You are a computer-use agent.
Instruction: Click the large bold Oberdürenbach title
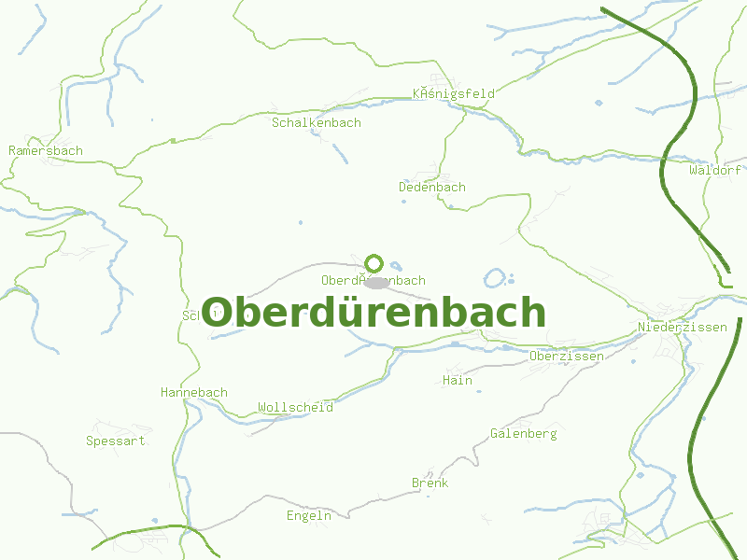click(373, 313)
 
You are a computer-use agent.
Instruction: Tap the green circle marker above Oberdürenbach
click(374, 263)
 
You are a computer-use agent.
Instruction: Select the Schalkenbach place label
click(316, 122)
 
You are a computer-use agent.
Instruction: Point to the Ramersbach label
click(46, 150)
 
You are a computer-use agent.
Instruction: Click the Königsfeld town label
click(454, 93)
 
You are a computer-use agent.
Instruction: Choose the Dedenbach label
click(431, 187)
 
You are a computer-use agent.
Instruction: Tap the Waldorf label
click(714, 171)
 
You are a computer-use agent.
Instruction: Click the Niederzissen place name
click(682, 327)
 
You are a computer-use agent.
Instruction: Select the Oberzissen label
click(566, 356)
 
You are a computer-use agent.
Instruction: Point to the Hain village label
click(458, 380)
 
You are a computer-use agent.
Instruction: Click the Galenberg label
click(523, 433)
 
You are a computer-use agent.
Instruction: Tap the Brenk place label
click(430, 483)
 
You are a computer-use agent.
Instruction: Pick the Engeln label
click(308, 515)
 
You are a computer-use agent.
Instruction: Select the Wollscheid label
click(295, 407)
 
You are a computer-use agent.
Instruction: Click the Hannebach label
click(193, 392)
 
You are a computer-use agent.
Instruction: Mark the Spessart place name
click(115, 441)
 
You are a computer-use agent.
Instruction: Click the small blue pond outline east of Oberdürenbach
click(495, 278)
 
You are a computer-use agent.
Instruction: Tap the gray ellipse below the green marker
click(375, 282)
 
